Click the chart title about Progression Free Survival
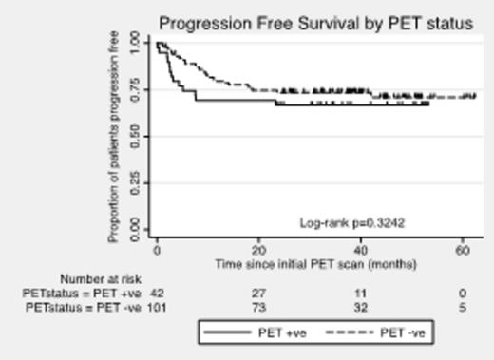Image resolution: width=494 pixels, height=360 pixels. click(x=314, y=22)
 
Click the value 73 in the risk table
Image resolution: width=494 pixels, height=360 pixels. click(x=256, y=308)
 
